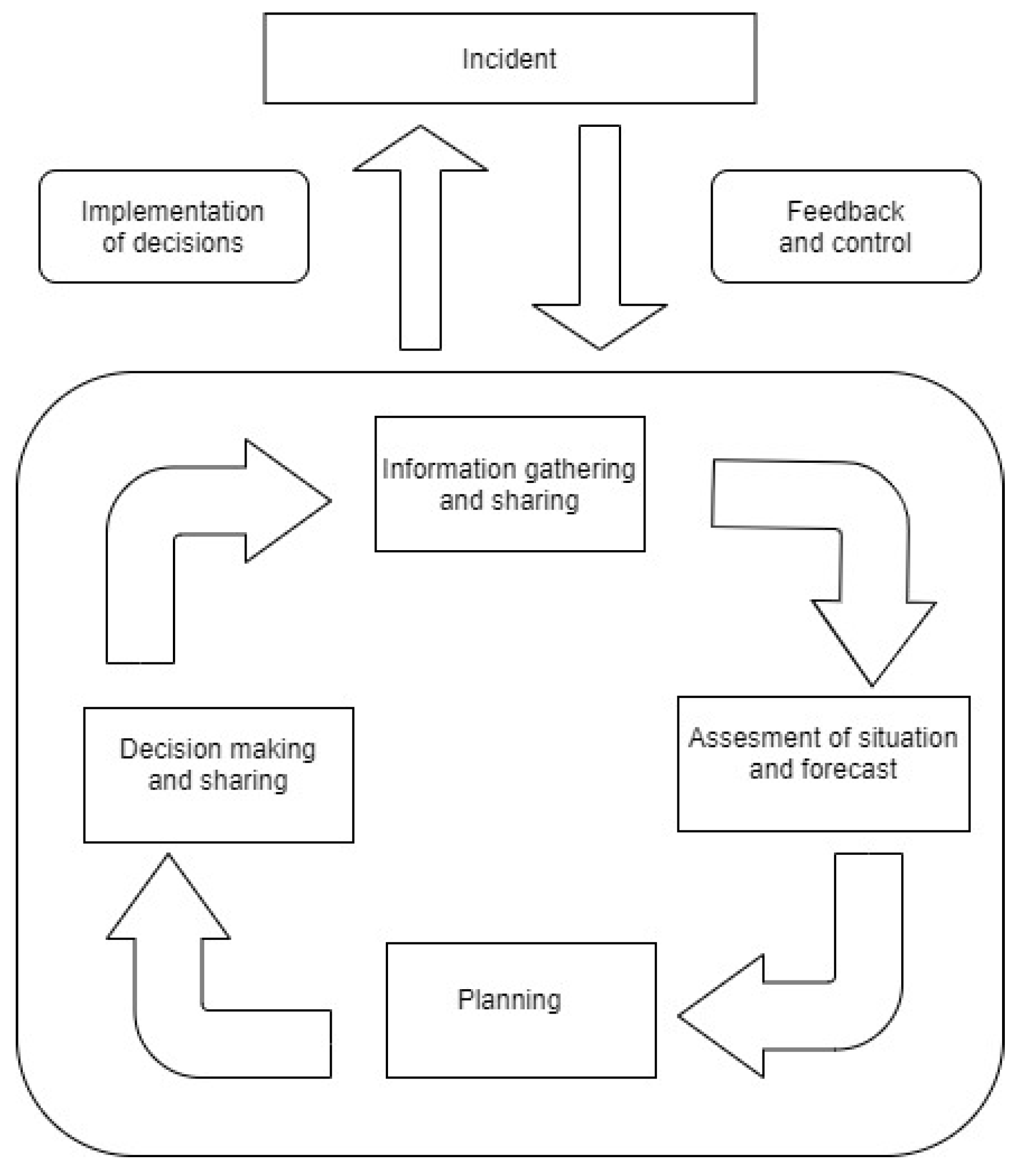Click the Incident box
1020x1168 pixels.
509,59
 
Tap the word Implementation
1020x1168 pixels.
172,212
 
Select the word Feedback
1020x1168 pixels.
845,212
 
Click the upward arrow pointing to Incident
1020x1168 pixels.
420,239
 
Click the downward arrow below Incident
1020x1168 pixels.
599,239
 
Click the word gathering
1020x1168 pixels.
579,470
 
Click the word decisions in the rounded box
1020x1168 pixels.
188,243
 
